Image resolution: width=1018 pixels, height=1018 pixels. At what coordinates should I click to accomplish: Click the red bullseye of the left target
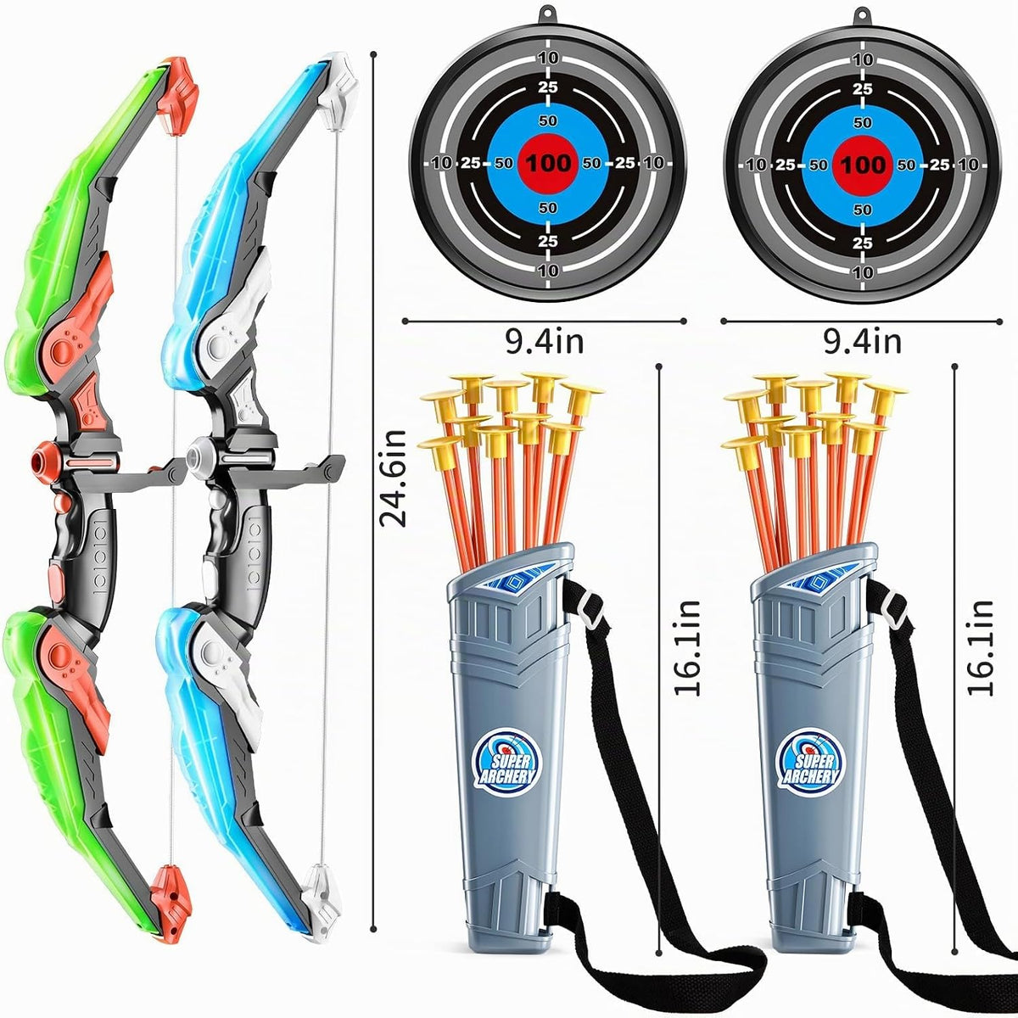tap(548, 162)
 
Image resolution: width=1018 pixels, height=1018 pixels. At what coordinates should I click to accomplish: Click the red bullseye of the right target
tap(863, 165)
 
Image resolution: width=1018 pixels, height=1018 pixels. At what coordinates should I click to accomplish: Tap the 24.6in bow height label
tap(394, 478)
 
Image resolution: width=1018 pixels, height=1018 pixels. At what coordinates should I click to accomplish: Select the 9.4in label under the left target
tap(545, 343)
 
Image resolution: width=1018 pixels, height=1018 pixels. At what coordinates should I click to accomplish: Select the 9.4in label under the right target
tap(863, 343)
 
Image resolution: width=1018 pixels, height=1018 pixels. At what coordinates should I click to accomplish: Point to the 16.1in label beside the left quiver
tap(687, 647)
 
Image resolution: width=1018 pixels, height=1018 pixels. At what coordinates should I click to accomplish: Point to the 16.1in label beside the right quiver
tap(980, 647)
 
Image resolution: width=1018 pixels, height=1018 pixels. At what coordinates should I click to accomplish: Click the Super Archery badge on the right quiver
tap(811, 761)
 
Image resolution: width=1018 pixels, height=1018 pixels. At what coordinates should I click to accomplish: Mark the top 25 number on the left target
tap(548, 87)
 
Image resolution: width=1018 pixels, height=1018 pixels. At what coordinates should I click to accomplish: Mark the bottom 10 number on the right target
tap(863, 272)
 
